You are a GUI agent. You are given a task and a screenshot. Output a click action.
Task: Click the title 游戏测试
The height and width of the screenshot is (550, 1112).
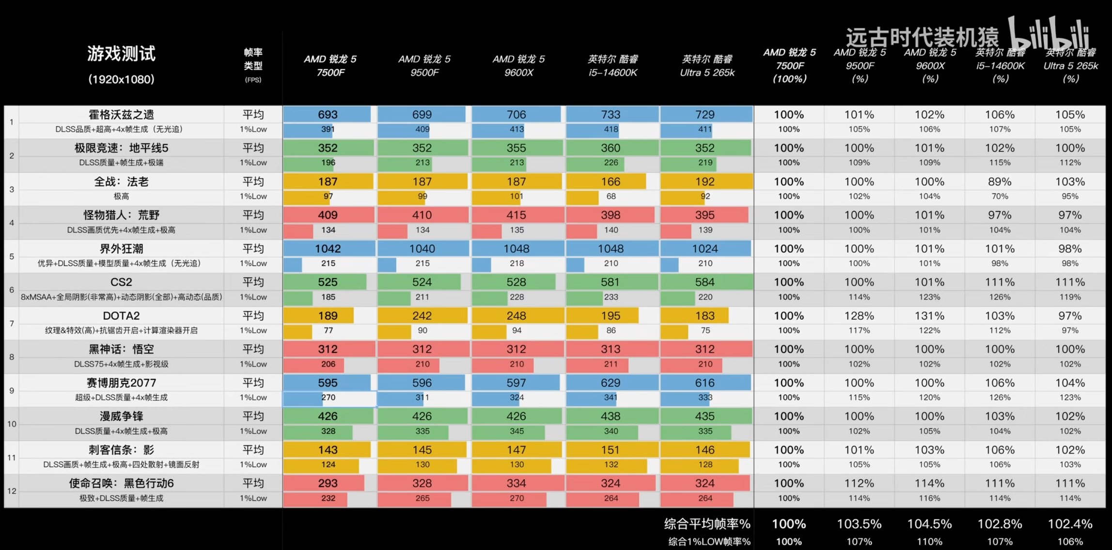coord(121,53)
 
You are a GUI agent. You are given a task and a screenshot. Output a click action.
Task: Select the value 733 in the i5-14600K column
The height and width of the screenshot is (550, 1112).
coord(611,115)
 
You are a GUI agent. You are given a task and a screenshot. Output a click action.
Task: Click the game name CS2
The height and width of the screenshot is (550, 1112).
coord(121,282)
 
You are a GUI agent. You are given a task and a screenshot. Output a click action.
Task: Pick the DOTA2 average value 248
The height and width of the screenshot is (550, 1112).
coord(516,316)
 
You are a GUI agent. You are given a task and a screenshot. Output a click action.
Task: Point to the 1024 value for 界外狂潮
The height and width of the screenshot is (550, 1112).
coord(705,249)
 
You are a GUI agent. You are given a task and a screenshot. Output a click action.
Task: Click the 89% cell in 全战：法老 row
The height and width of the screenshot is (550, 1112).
coord(1000,182)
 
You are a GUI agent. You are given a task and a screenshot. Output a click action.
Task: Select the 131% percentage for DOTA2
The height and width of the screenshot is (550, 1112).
coord(929,316)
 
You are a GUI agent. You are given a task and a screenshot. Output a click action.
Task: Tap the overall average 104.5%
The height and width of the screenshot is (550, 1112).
coord(929,524)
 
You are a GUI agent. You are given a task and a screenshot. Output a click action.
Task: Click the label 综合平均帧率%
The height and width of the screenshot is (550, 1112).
coord(707,524)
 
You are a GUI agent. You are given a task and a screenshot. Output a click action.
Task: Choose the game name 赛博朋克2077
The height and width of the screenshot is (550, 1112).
coord(121,383)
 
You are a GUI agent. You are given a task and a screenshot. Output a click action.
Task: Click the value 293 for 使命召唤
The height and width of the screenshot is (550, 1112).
coord(328,483)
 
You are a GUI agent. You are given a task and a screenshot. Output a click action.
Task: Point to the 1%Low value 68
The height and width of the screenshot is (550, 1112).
coord(611,197)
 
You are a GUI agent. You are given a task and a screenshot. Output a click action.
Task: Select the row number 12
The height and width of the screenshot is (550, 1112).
coord(12,491)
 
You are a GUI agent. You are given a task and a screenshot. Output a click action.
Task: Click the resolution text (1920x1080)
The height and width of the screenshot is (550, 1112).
coord(121,79)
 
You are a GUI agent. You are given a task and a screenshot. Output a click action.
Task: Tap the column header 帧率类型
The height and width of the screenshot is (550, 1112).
coord(253,59)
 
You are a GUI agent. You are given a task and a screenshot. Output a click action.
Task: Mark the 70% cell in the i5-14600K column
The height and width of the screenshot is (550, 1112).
coord(1000,197)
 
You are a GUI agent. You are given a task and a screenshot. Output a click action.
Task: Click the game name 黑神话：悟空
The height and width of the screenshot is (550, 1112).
coord(121,350)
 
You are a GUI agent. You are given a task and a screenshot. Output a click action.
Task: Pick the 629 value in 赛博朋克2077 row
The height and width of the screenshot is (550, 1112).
coord(611,383)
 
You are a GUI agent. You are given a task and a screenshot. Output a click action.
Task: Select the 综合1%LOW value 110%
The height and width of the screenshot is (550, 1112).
coord(929,542)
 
